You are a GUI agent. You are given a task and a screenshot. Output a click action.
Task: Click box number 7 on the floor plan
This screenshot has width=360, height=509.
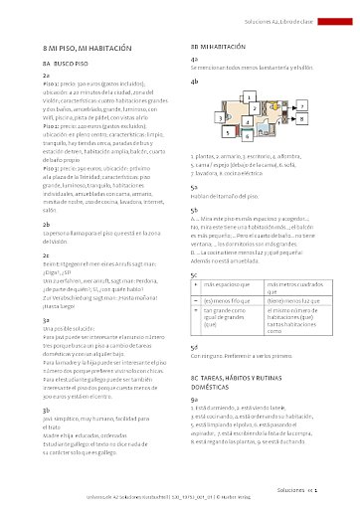click(x=301, y=103)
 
